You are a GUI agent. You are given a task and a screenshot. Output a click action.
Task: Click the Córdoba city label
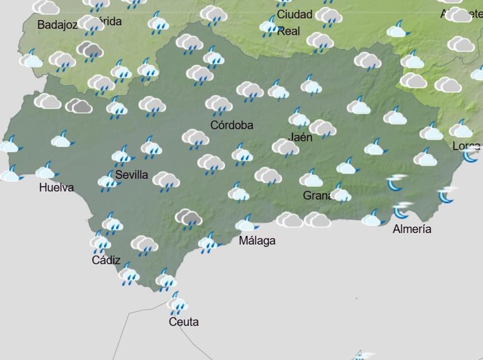[x=232, y=125]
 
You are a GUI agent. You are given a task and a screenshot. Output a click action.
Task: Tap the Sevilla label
[x=132, y=175]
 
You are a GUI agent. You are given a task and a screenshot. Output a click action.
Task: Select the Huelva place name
[x=56, y=187]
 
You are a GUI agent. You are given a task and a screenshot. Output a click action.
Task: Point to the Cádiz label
[x=106, y=260]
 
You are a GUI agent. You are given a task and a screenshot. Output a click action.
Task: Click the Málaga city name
[x=257, y=241]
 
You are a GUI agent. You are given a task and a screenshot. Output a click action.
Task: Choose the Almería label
[x=412, y=229]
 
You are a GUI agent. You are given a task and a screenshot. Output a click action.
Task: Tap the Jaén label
[x=300, y=137]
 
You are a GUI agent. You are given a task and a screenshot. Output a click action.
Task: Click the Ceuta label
[x=184, y=322]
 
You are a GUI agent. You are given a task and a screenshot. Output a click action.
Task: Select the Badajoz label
[x=57, y=25]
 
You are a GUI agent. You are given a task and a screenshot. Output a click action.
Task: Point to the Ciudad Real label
[x=295, y=23]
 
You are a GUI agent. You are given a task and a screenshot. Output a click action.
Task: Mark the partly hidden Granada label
[x=318, y=196]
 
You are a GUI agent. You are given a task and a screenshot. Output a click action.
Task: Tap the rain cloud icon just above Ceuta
[x=177, y=304]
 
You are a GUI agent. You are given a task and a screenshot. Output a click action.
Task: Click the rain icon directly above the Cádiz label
[x=100, y=242]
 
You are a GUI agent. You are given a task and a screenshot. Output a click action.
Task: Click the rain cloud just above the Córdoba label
[x=219, y=105]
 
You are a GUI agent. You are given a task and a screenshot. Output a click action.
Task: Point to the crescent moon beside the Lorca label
[x=470, y=155]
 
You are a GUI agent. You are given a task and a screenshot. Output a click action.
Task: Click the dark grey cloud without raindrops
[x=78, y=106]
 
